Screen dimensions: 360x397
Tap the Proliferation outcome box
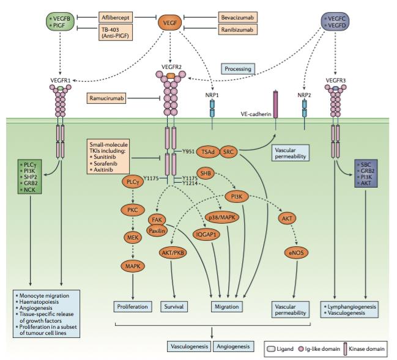click(x=133, y=305)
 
